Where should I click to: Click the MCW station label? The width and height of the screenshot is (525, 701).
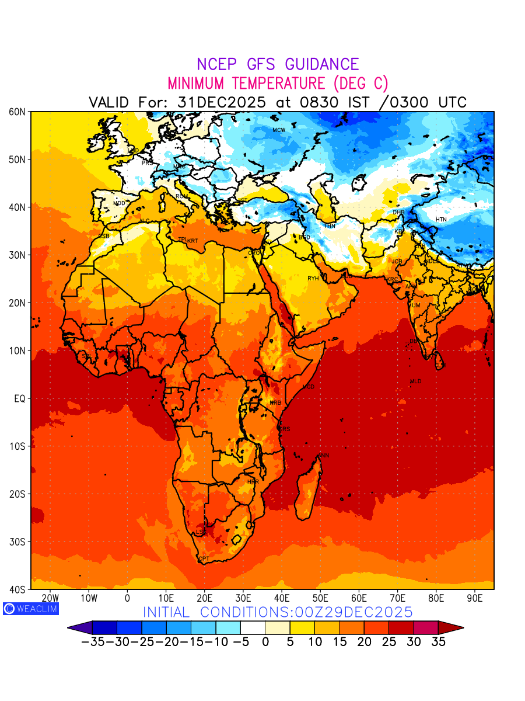279,130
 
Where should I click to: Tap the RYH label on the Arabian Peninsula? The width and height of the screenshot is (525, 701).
313,279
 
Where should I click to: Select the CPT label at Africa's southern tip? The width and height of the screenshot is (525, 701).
204,559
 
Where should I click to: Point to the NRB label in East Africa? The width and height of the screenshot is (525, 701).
275,403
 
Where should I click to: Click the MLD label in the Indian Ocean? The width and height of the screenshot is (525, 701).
415,381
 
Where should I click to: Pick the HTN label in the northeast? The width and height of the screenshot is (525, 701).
441,220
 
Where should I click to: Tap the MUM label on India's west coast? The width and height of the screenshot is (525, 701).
414,306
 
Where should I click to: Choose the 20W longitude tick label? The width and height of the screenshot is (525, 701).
51,598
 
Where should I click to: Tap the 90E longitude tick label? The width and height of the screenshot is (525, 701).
475,598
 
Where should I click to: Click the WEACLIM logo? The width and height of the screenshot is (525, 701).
31,608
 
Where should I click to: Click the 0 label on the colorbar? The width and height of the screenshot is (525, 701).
265,641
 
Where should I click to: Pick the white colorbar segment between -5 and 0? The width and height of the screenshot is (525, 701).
253,628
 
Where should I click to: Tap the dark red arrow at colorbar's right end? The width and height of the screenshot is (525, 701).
451,628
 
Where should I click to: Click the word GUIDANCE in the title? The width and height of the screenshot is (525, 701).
317,64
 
